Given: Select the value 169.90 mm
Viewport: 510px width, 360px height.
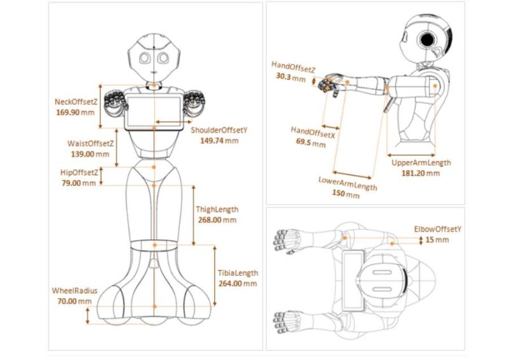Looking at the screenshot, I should pos(75,112).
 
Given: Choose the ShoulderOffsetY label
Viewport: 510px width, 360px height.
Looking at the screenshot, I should pos(219,131).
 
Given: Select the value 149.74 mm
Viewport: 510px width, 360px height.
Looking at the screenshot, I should pos(219,141).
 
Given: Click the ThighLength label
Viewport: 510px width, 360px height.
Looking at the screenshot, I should pos(217,210).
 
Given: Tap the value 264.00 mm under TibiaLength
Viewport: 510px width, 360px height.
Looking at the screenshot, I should pos(237,284).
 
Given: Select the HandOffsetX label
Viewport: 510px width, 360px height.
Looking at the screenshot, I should pos(312,134).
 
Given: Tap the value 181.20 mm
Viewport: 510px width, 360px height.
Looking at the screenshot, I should pos(420,173).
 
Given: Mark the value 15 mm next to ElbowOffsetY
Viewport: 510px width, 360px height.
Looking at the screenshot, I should pos(437,240).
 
